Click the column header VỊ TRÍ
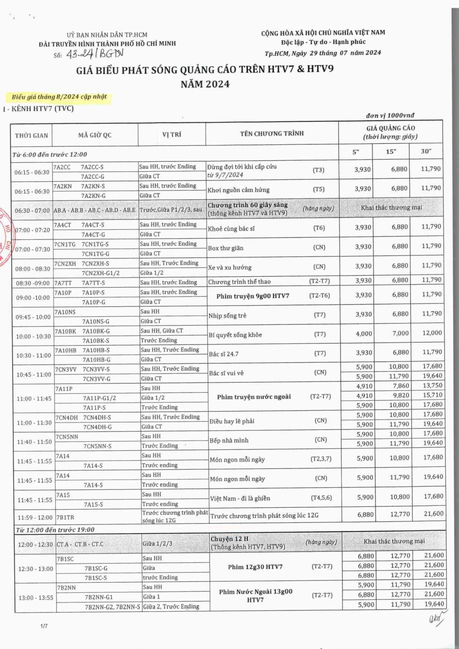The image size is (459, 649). tap(172, 134)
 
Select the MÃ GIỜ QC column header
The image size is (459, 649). tap(95, 135)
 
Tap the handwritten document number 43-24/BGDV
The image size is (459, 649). tap(95, 54)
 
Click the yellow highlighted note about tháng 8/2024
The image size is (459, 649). tap(59, 97)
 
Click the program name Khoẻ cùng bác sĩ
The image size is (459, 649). tap(231, 228)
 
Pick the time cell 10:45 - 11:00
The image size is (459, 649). tap(34, 374)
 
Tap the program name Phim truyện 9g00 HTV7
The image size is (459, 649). tap(253, 296)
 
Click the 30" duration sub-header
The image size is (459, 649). tap(426, 152)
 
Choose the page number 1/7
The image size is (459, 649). tap(44, 626)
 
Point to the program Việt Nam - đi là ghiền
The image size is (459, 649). tap(240, 498)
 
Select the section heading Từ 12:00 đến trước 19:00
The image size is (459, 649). tap(55, 529)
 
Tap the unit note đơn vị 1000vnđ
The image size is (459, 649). tap(390, 115)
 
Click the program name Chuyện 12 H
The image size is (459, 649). tap(229, 539)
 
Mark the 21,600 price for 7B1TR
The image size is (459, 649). tap(434, 514)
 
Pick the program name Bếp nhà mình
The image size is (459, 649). tap(229, 440)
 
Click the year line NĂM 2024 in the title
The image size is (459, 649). tap(205, 84)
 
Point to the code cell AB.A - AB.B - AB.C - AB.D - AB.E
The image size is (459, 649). tap(95, 210)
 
